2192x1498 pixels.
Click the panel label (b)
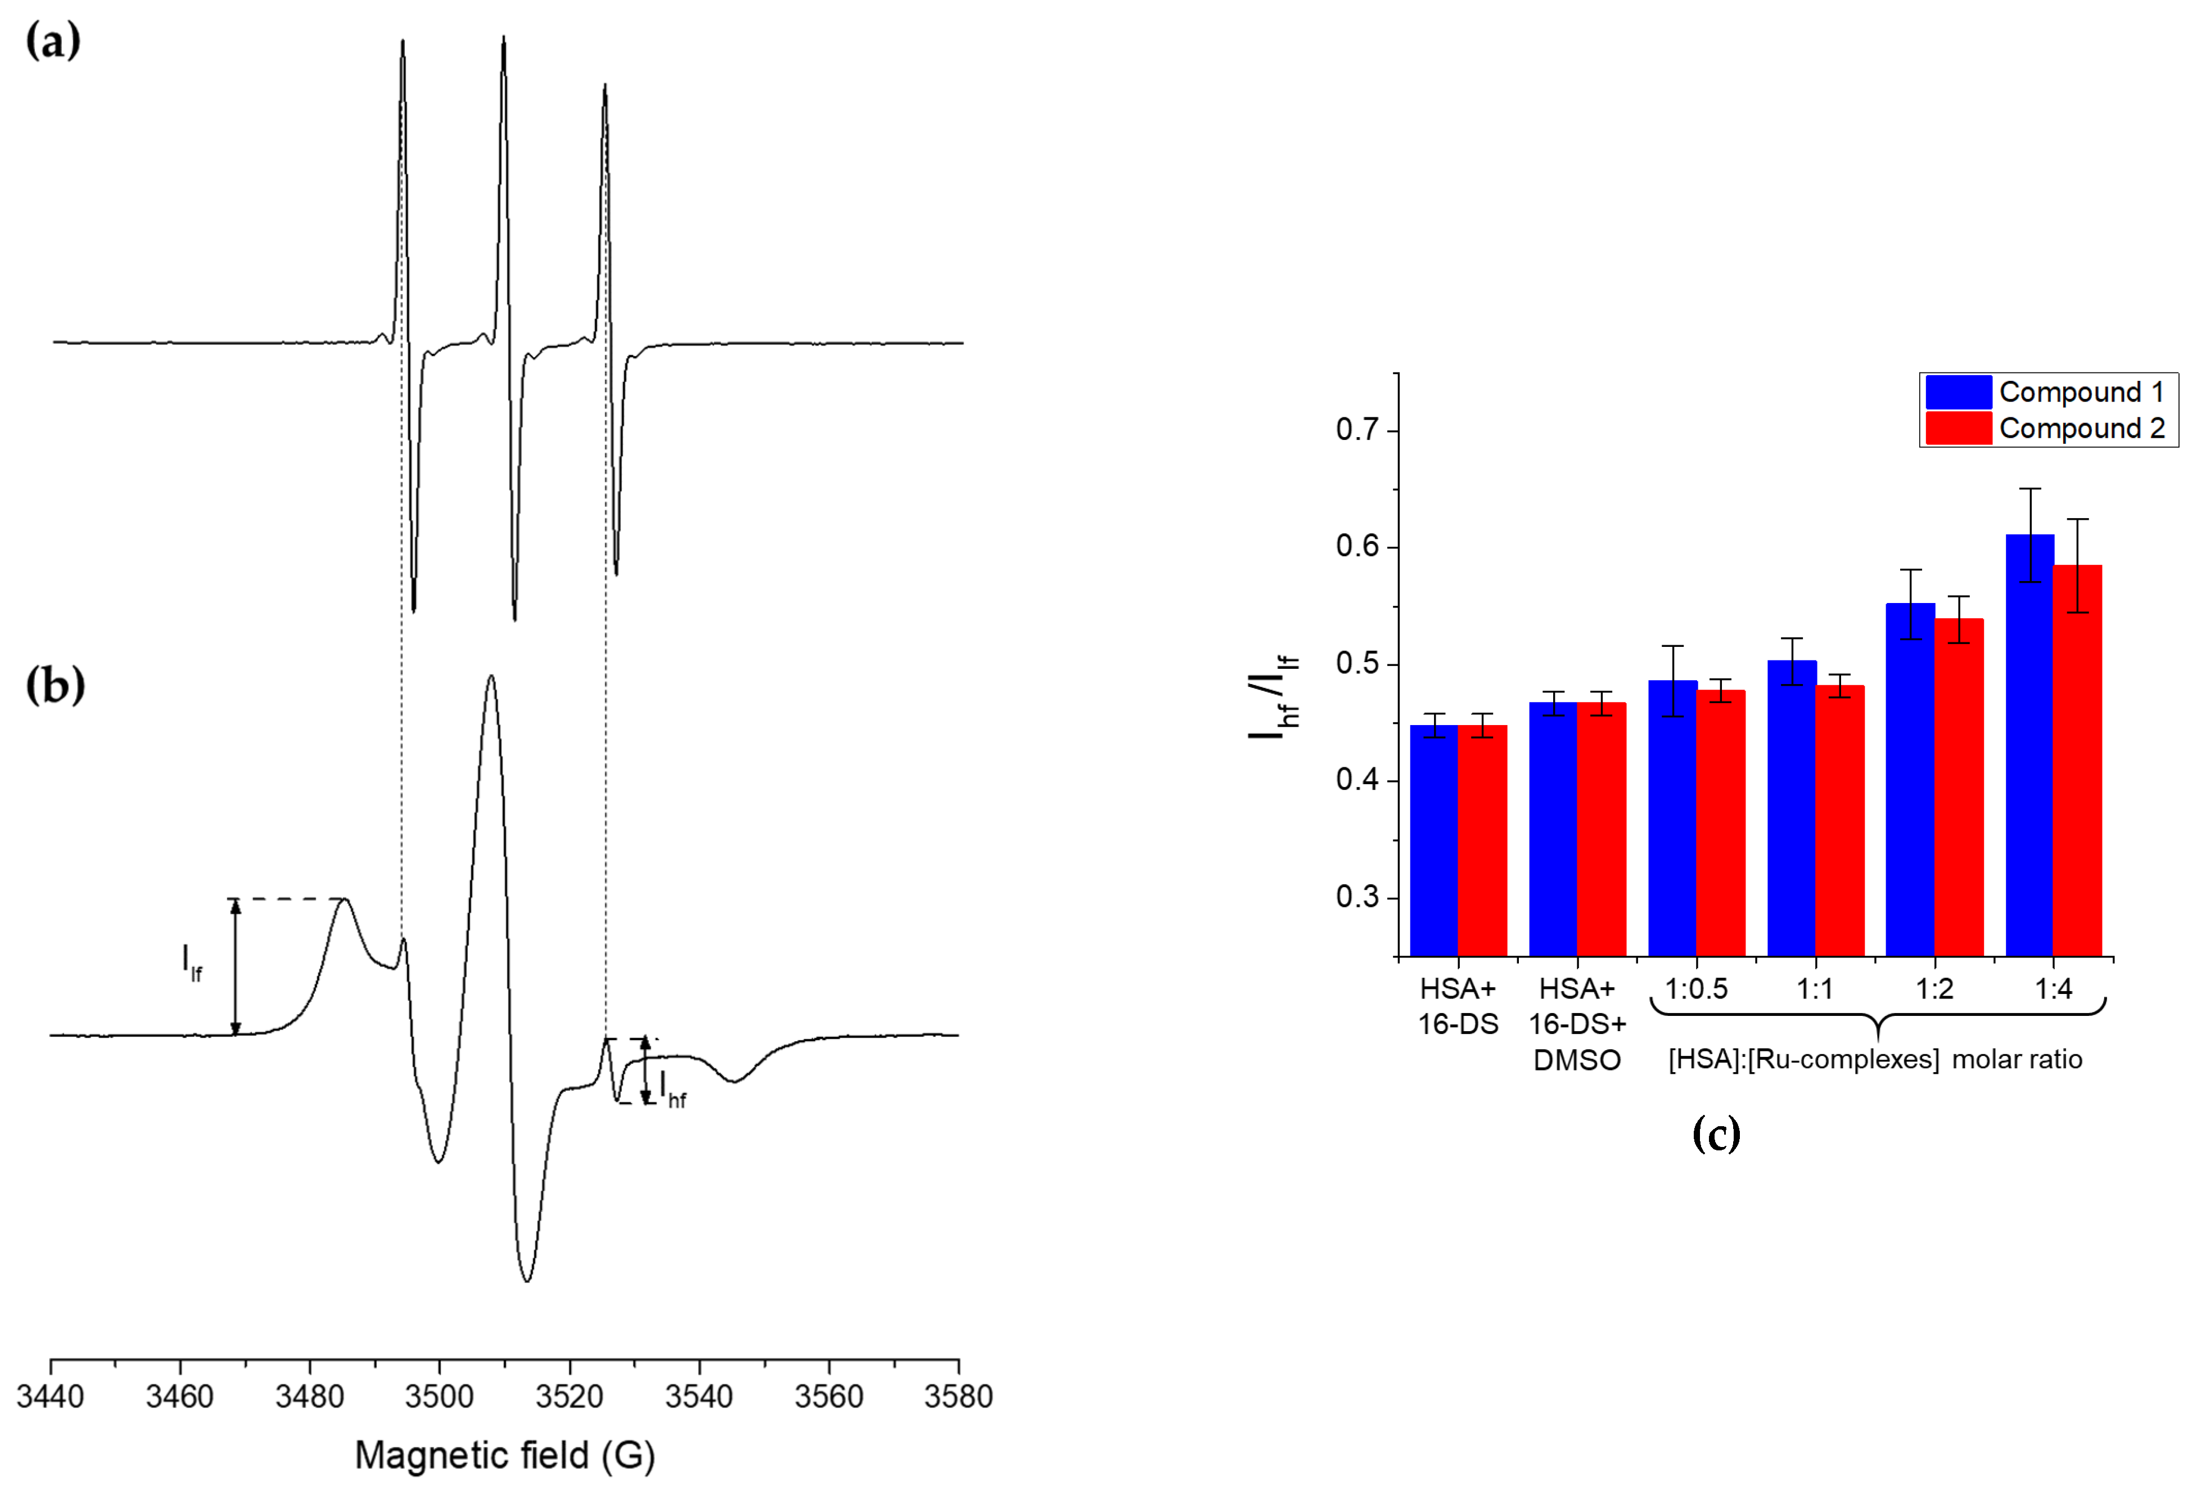[55, 686]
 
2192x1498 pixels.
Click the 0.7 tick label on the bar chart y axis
[1356, 430]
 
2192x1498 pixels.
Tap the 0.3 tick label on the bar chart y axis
[1356, 896]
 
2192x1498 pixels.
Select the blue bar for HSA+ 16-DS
[1433, 839]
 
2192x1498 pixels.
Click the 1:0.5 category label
[1696, 988]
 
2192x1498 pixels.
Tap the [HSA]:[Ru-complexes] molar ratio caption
[1875, 1059]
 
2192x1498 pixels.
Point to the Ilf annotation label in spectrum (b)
[191, 962]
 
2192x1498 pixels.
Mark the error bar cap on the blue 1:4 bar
[2030, 489]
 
